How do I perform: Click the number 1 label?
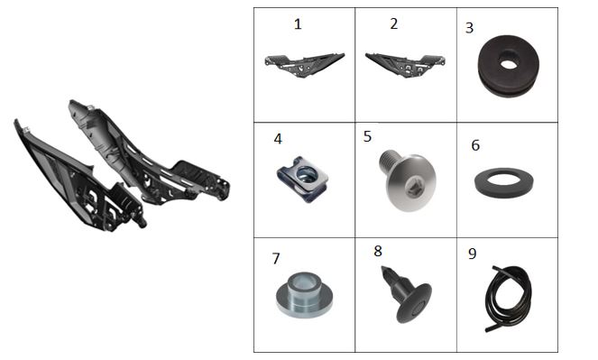click(x=298, y=24)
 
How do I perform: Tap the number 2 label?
click(x=394, y=23)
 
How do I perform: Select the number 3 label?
click(x=470, y=28)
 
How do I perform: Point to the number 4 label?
click(x=278, y=139)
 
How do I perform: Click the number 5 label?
click(x=367, y=136)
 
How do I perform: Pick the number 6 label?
click(x=475, y=145)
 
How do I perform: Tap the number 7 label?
click(x=276, y=259)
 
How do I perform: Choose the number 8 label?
click(x=378, y=252)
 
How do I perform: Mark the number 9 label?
click(x=472, y=254)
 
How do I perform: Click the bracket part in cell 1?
click(x=304, y=66)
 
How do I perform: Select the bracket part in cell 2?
click(x=405, y=66)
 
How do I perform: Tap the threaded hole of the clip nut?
click(x=306, y=175)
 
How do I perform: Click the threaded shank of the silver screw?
click(x=390, y=161)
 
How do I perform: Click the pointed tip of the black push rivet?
click(x=383, y=268)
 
